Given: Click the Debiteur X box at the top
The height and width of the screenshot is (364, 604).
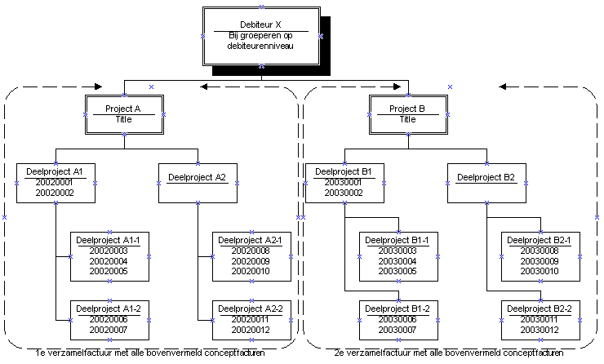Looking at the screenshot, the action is click(x=261, y=36).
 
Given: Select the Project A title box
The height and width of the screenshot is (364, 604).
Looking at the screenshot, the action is click(x=124, y=115).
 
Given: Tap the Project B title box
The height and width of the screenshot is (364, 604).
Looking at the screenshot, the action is click(x=408, y=115).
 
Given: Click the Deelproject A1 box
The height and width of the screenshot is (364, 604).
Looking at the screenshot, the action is click(x=56, y=184).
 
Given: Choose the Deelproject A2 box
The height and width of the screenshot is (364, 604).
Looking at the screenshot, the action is click(x=198, y=184).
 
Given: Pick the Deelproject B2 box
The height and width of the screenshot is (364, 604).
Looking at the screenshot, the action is click(x=487, y=184).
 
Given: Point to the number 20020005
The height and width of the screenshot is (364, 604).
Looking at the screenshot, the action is click(x=109, y=271).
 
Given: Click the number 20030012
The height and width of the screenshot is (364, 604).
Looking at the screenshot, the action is click(x=540, y=330).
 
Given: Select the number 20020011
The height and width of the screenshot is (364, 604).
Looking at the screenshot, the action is click(x=251, y=319).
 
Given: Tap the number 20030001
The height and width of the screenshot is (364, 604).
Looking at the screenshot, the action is click(x=343, y=182).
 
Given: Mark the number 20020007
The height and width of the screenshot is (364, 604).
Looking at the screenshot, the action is click(x=109, y=330).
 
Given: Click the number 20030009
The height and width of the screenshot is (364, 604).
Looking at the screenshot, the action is click(x=540, y=261).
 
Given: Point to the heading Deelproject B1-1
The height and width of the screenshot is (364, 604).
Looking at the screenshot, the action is click(x=397, y=240).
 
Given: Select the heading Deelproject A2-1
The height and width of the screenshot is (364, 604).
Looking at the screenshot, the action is click(x=250, y=240).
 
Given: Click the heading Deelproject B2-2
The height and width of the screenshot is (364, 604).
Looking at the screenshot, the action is click(x=540, y=309).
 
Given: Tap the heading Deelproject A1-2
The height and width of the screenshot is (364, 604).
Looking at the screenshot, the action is click(x=109, y=309).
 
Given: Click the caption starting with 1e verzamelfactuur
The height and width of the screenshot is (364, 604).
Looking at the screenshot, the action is click(x=150, y=353).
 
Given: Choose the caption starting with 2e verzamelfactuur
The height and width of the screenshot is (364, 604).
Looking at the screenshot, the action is click(x=449, y=353).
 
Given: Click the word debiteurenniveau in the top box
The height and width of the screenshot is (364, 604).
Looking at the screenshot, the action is click(x=260, y=46).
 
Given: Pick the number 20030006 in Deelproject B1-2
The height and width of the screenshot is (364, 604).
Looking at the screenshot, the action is click(x=397, y=319).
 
